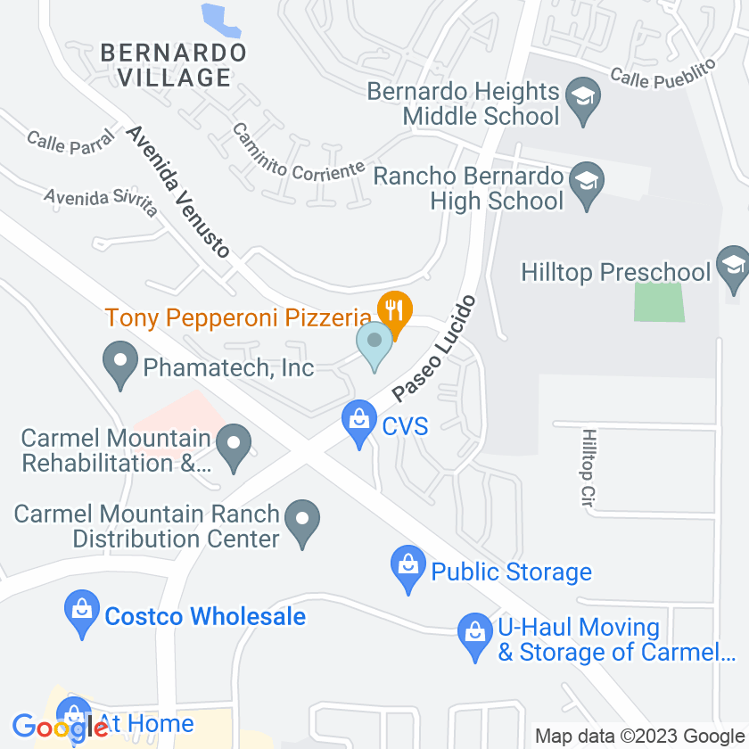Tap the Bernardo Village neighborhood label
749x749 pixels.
pyautogui.click(x=173, y=65)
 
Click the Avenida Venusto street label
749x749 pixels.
pyautogui.click(x=177, y=191)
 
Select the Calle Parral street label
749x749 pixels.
pyautogui.click(x=70, y=141)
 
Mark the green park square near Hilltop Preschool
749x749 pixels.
pyautogui.click(x=660, y=302)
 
